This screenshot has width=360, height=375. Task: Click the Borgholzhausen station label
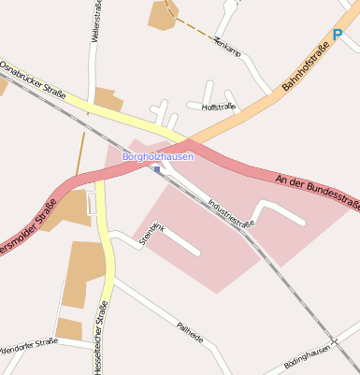pos(158,157)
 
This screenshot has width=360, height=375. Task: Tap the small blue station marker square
pos(157,169)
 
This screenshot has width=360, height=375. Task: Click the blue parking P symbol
pos(337,35)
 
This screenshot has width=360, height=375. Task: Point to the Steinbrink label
pos(151,233)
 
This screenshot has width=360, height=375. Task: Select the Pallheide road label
pos(189,332)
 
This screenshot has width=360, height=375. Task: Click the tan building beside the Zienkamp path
pos(163,14)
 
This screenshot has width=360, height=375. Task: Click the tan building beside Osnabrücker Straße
pos(107,99)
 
